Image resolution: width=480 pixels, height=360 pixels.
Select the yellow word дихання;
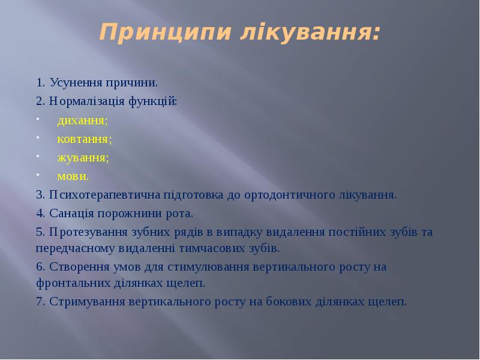coord(83,121)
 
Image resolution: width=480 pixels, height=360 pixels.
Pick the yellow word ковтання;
coord(85,139)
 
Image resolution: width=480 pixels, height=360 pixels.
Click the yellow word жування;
coord(83,158)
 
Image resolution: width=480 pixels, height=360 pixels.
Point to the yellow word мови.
coord(73,176)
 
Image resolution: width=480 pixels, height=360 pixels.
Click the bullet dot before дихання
coord(37,119)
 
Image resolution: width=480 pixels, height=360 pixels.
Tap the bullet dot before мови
coord(37,175)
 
